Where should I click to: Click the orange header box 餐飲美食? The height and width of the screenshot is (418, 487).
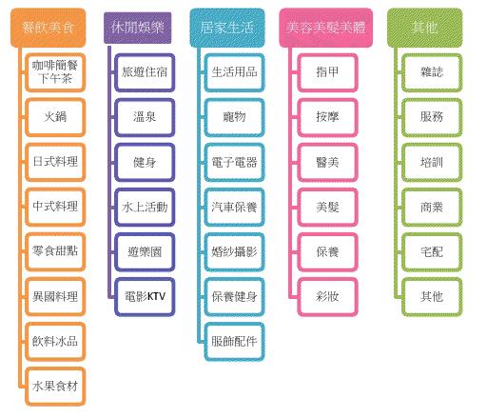tap(49, 28)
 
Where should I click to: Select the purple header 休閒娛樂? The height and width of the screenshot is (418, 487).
tap(138, 28)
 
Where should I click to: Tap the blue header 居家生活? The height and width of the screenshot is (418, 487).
tap(227, 28)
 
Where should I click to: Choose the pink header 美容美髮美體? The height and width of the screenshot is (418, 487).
tap(326, 28)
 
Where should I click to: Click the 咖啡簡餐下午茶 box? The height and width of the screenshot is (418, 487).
tap(55, 72)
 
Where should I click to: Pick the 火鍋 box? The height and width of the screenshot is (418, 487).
tap(55, 117)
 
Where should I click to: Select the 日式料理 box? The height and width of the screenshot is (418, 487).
tap(55, 162)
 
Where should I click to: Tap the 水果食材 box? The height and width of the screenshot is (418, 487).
tap(55, 387)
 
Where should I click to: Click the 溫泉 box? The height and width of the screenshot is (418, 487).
tap(145, 117)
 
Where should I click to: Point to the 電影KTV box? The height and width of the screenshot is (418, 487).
tap(145, 297)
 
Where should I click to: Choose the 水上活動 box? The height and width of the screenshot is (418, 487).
tap(145, 208)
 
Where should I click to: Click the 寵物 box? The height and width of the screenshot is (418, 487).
tap(234, 117)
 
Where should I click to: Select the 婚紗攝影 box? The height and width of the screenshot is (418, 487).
tap(234, 252)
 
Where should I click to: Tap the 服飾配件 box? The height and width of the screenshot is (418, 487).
tap(234, 342)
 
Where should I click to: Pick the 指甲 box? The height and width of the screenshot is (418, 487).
tap(327, 72)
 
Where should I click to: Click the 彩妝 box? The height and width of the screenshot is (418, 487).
tap(327, 297)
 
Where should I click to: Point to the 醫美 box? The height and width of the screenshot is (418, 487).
tap(327, 162)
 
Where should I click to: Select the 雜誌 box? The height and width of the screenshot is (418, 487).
tap(432, 72)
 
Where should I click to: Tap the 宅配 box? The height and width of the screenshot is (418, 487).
tap(432, 252)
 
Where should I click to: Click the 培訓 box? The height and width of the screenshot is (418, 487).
tap(432, 162)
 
